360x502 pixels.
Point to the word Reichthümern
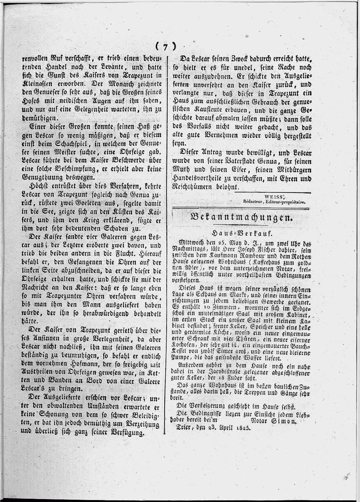(196, 187)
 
